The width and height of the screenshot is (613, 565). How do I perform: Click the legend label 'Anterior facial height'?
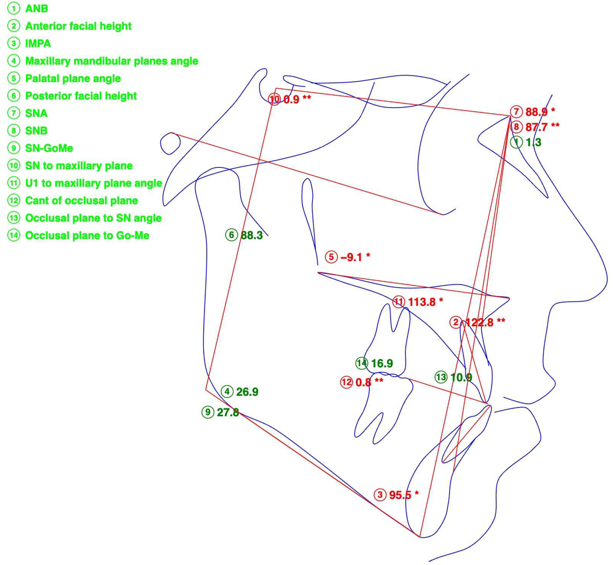tap(78, 26)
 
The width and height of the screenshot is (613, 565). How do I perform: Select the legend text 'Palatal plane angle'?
tap(73, 78)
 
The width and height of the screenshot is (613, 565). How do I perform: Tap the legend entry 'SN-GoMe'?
tap(49, 148)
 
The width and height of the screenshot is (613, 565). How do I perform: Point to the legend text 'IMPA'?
tap(38, 43)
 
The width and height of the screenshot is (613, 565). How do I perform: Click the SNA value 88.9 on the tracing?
tap(536, 112)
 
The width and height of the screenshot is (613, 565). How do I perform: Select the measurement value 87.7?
tap(536, 127)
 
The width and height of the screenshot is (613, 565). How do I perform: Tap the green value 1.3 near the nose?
tap(533, 142)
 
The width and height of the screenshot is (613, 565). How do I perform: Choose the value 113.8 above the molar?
tap(422, 302)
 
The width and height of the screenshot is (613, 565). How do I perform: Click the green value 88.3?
tap(252, 235)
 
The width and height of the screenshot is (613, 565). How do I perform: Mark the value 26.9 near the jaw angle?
tap(247, 392)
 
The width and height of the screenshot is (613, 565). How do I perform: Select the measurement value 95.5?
tap(400, 495)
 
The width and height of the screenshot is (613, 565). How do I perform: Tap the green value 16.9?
tap(382, 363)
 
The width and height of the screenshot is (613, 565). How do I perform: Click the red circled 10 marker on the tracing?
tap(274, 99)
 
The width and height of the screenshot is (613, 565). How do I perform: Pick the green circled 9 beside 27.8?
tap(208, 412)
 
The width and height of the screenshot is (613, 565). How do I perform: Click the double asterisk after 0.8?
tap(379, 381)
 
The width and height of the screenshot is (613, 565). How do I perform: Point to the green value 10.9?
tap(461, 377)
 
